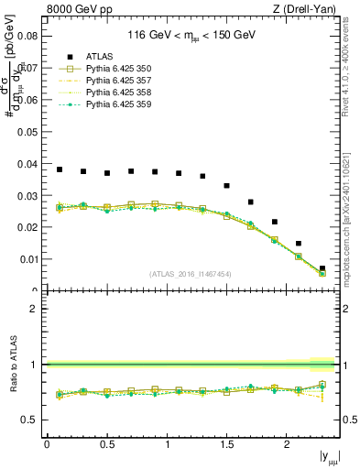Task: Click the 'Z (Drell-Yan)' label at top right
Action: pos(308,9)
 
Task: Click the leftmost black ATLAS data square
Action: pos(60,169)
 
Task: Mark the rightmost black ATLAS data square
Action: pos(322,268)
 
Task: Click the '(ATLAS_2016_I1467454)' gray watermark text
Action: pos(191,273)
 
